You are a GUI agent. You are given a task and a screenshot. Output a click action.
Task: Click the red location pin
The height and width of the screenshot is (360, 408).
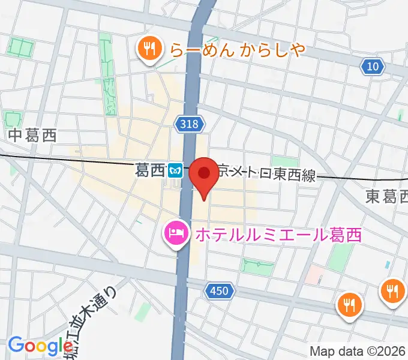(204, 175)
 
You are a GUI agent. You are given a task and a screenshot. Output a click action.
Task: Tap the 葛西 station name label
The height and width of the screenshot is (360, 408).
(150, 171)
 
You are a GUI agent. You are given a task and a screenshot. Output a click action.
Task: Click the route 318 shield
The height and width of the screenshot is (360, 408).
(191, 124)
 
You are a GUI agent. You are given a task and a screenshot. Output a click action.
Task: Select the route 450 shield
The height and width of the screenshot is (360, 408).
(219, 291)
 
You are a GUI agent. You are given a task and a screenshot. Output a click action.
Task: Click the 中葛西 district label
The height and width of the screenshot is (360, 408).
(32, 136)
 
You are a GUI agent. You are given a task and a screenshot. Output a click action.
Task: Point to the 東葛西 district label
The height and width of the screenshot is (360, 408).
(386, 196)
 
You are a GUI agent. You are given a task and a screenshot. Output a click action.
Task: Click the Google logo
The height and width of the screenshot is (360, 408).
(40, 346)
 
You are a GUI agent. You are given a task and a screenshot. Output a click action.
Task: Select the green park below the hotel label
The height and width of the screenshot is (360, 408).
(258, 265)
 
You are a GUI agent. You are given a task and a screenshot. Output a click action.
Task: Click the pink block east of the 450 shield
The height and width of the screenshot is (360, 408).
(313, 275)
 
